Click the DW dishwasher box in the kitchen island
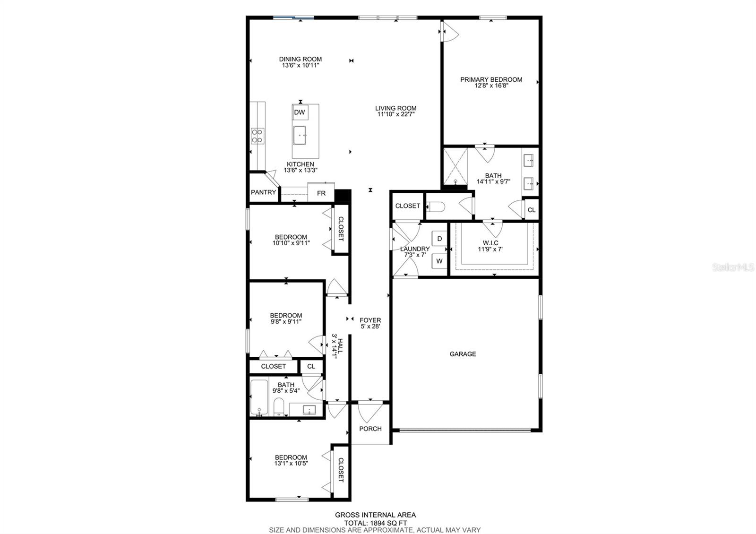click(300, 112)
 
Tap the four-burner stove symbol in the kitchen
click(257, 136)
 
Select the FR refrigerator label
click(321, 193)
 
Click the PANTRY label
click(263, 192)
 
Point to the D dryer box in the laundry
click(439, 239)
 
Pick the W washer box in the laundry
click(439, 261)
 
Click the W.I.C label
click(490, 243)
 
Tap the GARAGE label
click(463, 354)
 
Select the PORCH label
click(370, 429)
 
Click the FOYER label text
click(370, 320)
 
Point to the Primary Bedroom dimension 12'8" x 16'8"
click(491, 86)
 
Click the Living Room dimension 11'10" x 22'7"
click(396, 114)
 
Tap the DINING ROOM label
click(301, 59)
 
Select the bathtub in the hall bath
click(259, 398)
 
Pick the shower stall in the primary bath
click(455, 167)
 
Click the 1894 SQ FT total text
click(388, 523)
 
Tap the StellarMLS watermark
click(733, 267)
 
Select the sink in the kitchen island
click(300, 135)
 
